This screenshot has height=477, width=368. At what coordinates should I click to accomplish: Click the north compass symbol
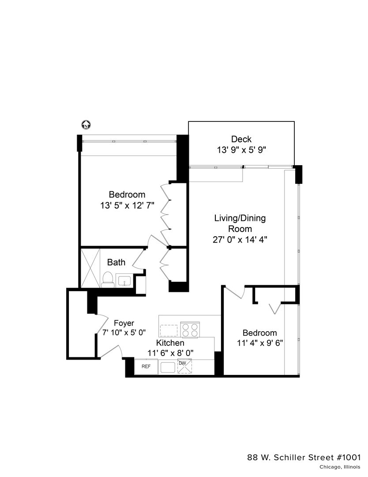point(86,125)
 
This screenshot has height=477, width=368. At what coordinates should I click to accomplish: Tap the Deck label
point(241,140)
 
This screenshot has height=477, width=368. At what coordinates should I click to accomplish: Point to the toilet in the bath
point(107,280)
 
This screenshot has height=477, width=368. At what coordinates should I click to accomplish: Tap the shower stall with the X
point(90,268)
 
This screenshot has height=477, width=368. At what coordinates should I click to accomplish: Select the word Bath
point(116,262)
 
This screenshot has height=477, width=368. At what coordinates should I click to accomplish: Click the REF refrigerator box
point(146,367)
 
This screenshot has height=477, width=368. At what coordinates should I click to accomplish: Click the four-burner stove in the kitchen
point(190,330)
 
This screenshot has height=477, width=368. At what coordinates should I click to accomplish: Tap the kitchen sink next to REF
point(168,367)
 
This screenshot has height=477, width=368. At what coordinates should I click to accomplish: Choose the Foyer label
point(124,323)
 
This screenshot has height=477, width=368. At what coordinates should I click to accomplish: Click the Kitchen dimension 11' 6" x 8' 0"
point(170,353)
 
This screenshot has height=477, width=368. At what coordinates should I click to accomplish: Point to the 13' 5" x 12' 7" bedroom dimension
point(127,205)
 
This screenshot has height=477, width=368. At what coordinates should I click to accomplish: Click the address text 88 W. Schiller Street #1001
point(304,457)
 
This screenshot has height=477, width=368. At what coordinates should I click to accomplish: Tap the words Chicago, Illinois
point(340,467)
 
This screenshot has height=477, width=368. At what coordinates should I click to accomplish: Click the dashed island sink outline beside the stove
point(169,330)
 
